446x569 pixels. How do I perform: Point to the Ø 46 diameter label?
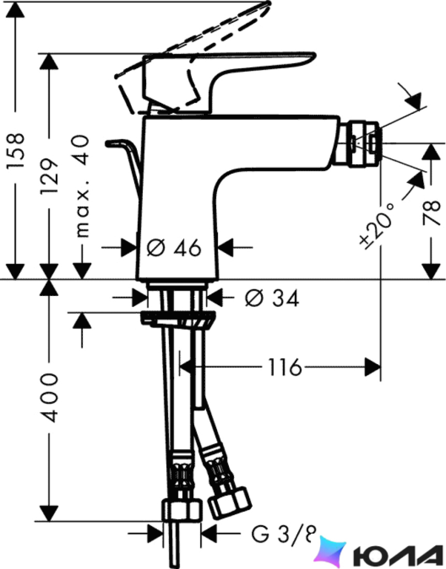[174, 248]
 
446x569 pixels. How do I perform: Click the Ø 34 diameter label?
[271, 298]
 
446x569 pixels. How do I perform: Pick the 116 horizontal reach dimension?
[284, 367]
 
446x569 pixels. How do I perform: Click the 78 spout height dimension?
[431, 213]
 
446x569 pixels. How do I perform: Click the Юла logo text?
[397, 554]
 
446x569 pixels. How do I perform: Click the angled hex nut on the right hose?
[229, 504]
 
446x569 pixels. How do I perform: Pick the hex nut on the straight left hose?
[181, 511]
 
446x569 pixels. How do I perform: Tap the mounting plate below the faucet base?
[177, 319]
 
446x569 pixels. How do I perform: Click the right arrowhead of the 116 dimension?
[372, 367]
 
